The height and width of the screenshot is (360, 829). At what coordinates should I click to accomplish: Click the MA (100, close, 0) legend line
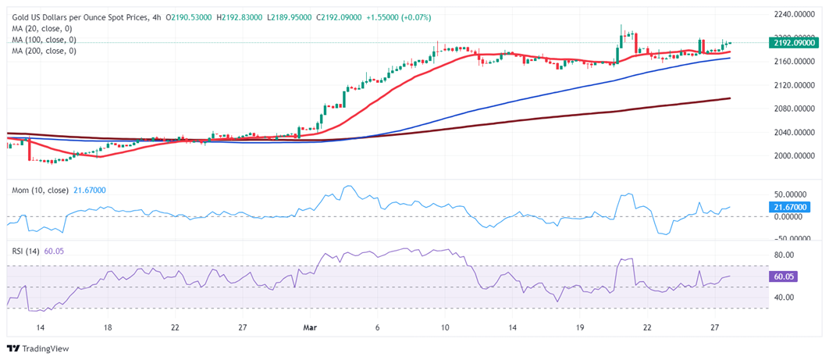(x=44, y=39)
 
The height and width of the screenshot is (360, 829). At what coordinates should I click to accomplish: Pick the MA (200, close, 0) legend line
(x=44, y=50)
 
